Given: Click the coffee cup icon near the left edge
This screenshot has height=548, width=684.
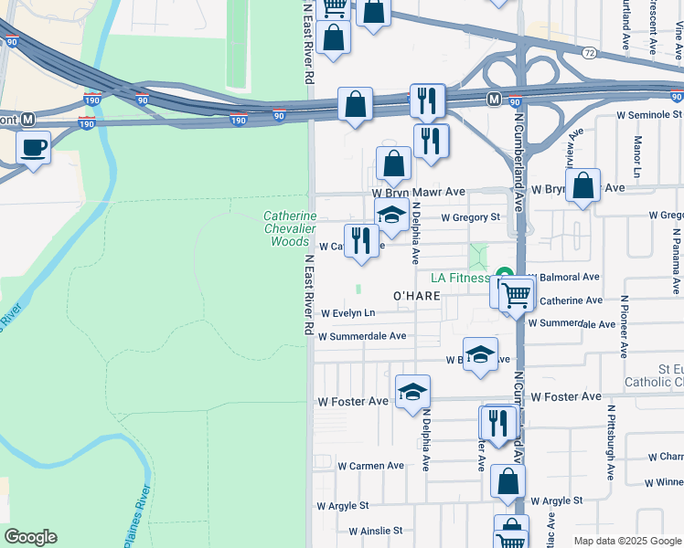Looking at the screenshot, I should pos(34,148).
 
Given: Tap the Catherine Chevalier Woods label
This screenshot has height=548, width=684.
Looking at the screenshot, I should pos(290,228).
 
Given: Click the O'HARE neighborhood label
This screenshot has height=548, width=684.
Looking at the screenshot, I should pos(418,296).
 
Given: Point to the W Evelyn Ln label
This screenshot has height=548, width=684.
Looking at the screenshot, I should pos(347,312).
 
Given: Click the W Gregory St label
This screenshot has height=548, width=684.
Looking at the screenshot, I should pos(470,217).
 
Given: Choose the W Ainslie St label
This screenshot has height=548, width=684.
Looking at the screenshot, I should pos(375,530).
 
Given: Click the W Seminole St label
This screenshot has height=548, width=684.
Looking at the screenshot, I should pos(650,115).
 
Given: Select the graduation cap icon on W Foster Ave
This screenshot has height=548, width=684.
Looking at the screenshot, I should pos(412,392).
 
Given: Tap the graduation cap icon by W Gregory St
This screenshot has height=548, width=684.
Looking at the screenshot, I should pos(390,215).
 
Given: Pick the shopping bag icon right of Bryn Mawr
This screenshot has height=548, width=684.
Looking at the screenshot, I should pos(582,185).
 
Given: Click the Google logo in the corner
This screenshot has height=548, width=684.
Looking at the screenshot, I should pos(30,537).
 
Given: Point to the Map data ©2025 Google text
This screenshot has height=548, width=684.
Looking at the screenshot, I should pos(626,541).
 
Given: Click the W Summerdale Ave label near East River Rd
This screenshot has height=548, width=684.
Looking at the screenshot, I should pos(361,335).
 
